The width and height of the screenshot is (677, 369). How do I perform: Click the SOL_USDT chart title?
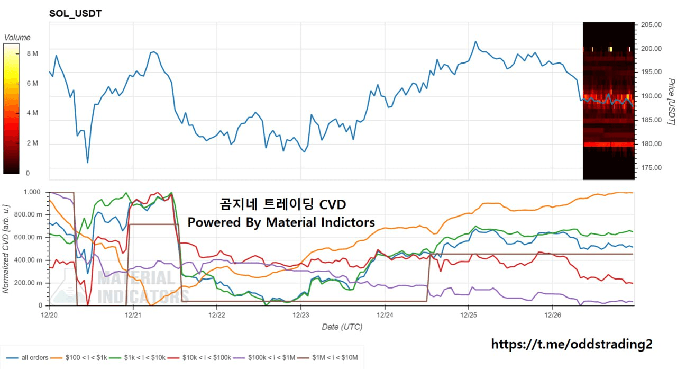[75, 14]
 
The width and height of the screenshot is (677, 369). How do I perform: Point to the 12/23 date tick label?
[301, 314]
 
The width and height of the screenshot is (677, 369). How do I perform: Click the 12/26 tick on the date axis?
[553, 314]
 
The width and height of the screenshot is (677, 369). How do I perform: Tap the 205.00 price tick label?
[651, 25]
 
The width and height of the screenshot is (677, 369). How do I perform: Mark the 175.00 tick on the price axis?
[651, 168]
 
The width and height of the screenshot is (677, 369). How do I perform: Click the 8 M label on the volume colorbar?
[32, 53]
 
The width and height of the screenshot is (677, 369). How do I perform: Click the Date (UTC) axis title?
[342, 327]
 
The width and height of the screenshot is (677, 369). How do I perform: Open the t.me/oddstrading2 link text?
[572, 345]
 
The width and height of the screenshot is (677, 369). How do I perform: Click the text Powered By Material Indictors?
[281, 222]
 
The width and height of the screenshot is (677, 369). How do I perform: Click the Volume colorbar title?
[17, 38]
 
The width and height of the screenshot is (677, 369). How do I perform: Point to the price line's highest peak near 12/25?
[475, 41]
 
